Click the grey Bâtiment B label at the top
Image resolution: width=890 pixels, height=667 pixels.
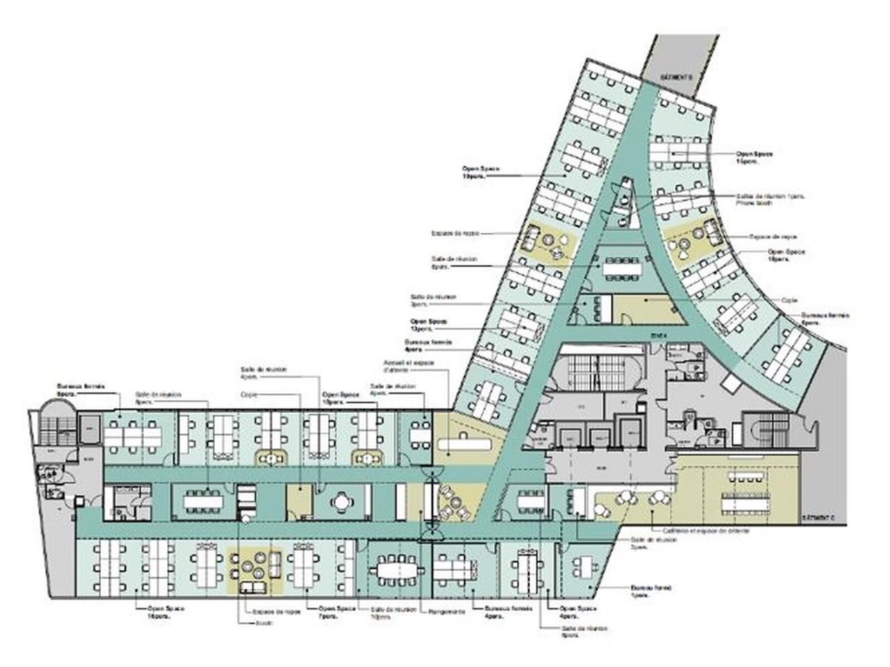click(x=675, y=76)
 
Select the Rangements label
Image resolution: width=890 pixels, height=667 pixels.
click(x=447, y=612)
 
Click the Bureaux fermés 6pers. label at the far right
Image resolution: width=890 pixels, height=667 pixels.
click(x=825, y=318)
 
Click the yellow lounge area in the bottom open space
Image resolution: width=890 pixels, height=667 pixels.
click(x=255, y=571)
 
